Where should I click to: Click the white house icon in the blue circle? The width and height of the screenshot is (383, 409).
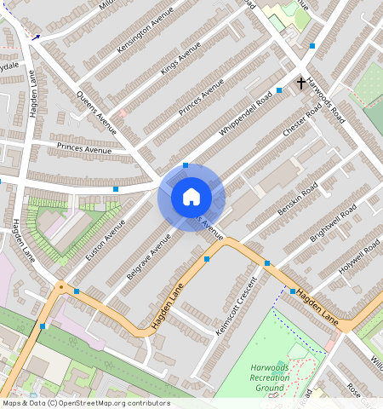pyautogui.click(x=191, y=197)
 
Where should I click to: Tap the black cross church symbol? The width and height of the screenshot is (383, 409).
pyautogui.click(x=300, y=83)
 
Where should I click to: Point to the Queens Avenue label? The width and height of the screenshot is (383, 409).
pyautogui.click(x=96, y=112)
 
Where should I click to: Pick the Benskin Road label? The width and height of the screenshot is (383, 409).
pyautogui.click(x=298, y=197)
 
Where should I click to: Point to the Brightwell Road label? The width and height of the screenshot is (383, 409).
pyautogui.click(x=327, y=227)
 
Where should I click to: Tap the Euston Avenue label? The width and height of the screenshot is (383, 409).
pyautogui.click(x=105, y=240)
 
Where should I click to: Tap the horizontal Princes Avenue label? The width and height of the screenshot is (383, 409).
pyautogui.click(x=84, y=151)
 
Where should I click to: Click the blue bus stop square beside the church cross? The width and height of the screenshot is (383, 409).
pyautogui.click(x=279, y=90)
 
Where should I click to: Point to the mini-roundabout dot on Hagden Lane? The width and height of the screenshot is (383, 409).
pyautogui.click(x=60, y=287)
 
